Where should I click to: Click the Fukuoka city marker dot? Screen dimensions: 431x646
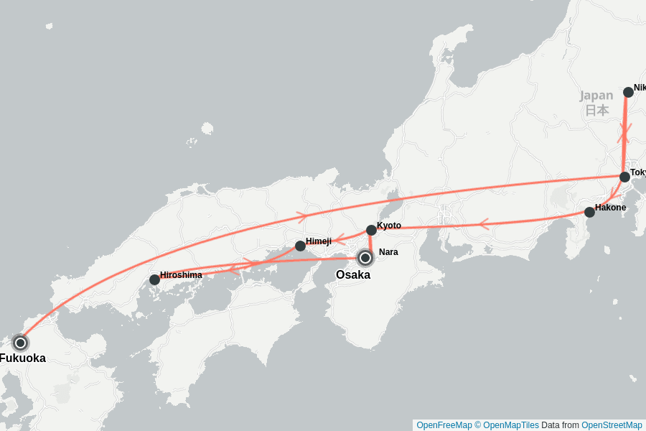click(20, 343)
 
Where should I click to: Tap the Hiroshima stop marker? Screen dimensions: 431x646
click(154, 279)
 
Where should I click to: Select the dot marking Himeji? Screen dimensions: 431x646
click(300, 246)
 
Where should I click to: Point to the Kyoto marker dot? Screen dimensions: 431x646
click(371, 230)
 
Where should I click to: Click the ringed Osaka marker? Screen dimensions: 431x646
click(365, 257)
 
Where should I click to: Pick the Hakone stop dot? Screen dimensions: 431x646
click(589, 212)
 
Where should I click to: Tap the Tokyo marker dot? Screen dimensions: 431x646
click(624, 177)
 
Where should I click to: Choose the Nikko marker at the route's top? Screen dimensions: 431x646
click(628, 92)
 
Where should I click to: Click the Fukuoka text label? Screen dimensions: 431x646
click(23, 358)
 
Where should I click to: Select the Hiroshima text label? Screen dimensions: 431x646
click(181, 275)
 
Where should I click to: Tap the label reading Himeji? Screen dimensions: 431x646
click(319, 241)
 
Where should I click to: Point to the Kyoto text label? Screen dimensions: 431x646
click(389, 226)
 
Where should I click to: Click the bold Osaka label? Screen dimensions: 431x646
click(353, 275)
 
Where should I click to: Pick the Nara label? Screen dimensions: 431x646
click(388, 252)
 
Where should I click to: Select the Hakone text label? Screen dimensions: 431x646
click(610, 208)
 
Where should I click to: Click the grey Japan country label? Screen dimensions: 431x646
click(596, 96)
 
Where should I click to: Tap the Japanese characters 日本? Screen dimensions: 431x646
click(596, 110)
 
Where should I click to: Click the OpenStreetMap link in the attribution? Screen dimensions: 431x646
click(612, 425)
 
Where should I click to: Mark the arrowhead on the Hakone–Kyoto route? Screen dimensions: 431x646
click(482, 224)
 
